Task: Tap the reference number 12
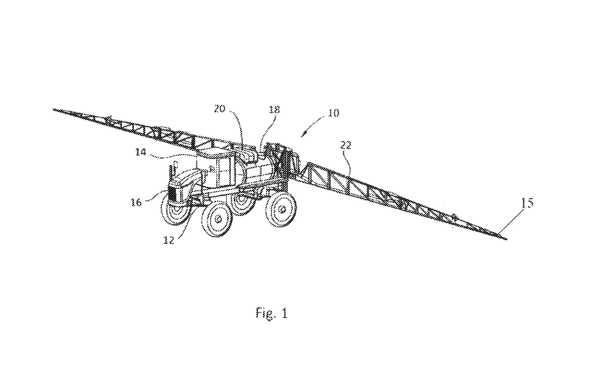click(x=169, y=240)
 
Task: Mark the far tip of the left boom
click(x=53, y=110)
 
